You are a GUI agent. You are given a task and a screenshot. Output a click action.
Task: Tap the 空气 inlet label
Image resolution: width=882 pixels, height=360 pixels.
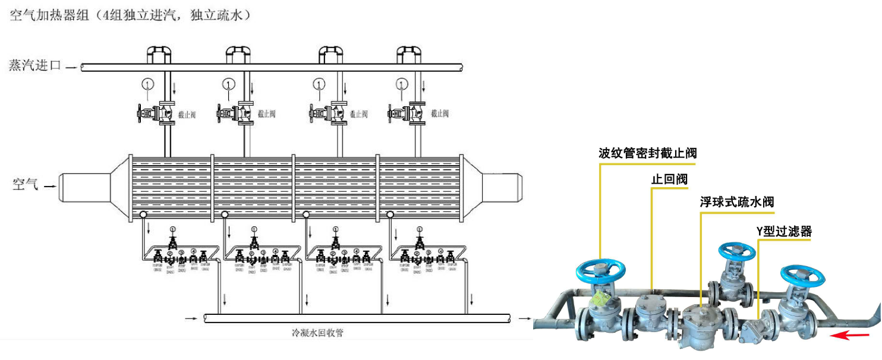[x=26, y=185]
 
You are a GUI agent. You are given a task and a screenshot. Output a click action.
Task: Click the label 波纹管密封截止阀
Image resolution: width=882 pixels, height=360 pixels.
[x=647, y=153]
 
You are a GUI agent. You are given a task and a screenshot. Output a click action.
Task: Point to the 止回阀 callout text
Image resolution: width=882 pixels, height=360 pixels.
[x=669, y=179]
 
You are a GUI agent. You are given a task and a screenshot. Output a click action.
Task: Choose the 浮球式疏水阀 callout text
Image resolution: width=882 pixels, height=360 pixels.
[x=737, y=203]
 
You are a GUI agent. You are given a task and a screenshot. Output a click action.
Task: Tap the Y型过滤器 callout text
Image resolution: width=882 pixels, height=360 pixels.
[x=784, y=231]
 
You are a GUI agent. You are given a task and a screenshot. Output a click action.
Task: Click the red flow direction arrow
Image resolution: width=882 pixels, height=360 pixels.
[x=848, y=336]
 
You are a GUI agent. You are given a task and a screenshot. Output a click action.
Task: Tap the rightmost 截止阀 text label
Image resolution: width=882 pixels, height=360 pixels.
[x=439, y=113]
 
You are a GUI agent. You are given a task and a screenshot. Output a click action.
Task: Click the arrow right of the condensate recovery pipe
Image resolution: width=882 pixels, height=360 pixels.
[x=525, y=319]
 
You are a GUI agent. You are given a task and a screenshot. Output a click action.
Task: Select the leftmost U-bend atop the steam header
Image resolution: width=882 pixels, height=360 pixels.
[x=159, y=53]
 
